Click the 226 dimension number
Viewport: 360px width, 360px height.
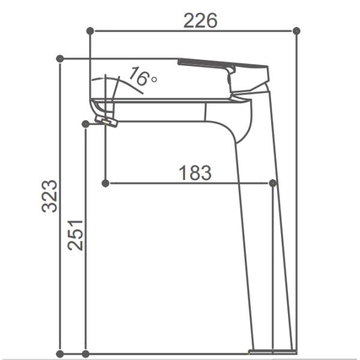pos(200,21)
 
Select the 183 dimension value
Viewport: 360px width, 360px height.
pos(196,173)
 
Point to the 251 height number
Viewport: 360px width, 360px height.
pos(75,234)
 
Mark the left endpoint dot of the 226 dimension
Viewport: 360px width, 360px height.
pos(90,30)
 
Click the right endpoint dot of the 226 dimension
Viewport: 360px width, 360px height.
pos(296,30)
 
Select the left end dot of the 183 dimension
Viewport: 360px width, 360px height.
pos(106,182)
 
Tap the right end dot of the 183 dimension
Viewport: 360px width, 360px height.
pos(273,182)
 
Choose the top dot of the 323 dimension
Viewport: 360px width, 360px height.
pos(59,58)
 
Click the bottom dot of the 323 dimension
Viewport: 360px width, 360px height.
pos(59,353)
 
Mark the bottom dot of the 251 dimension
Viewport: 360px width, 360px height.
pos(86,353)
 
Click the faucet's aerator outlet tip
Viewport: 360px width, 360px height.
pos(108,122)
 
